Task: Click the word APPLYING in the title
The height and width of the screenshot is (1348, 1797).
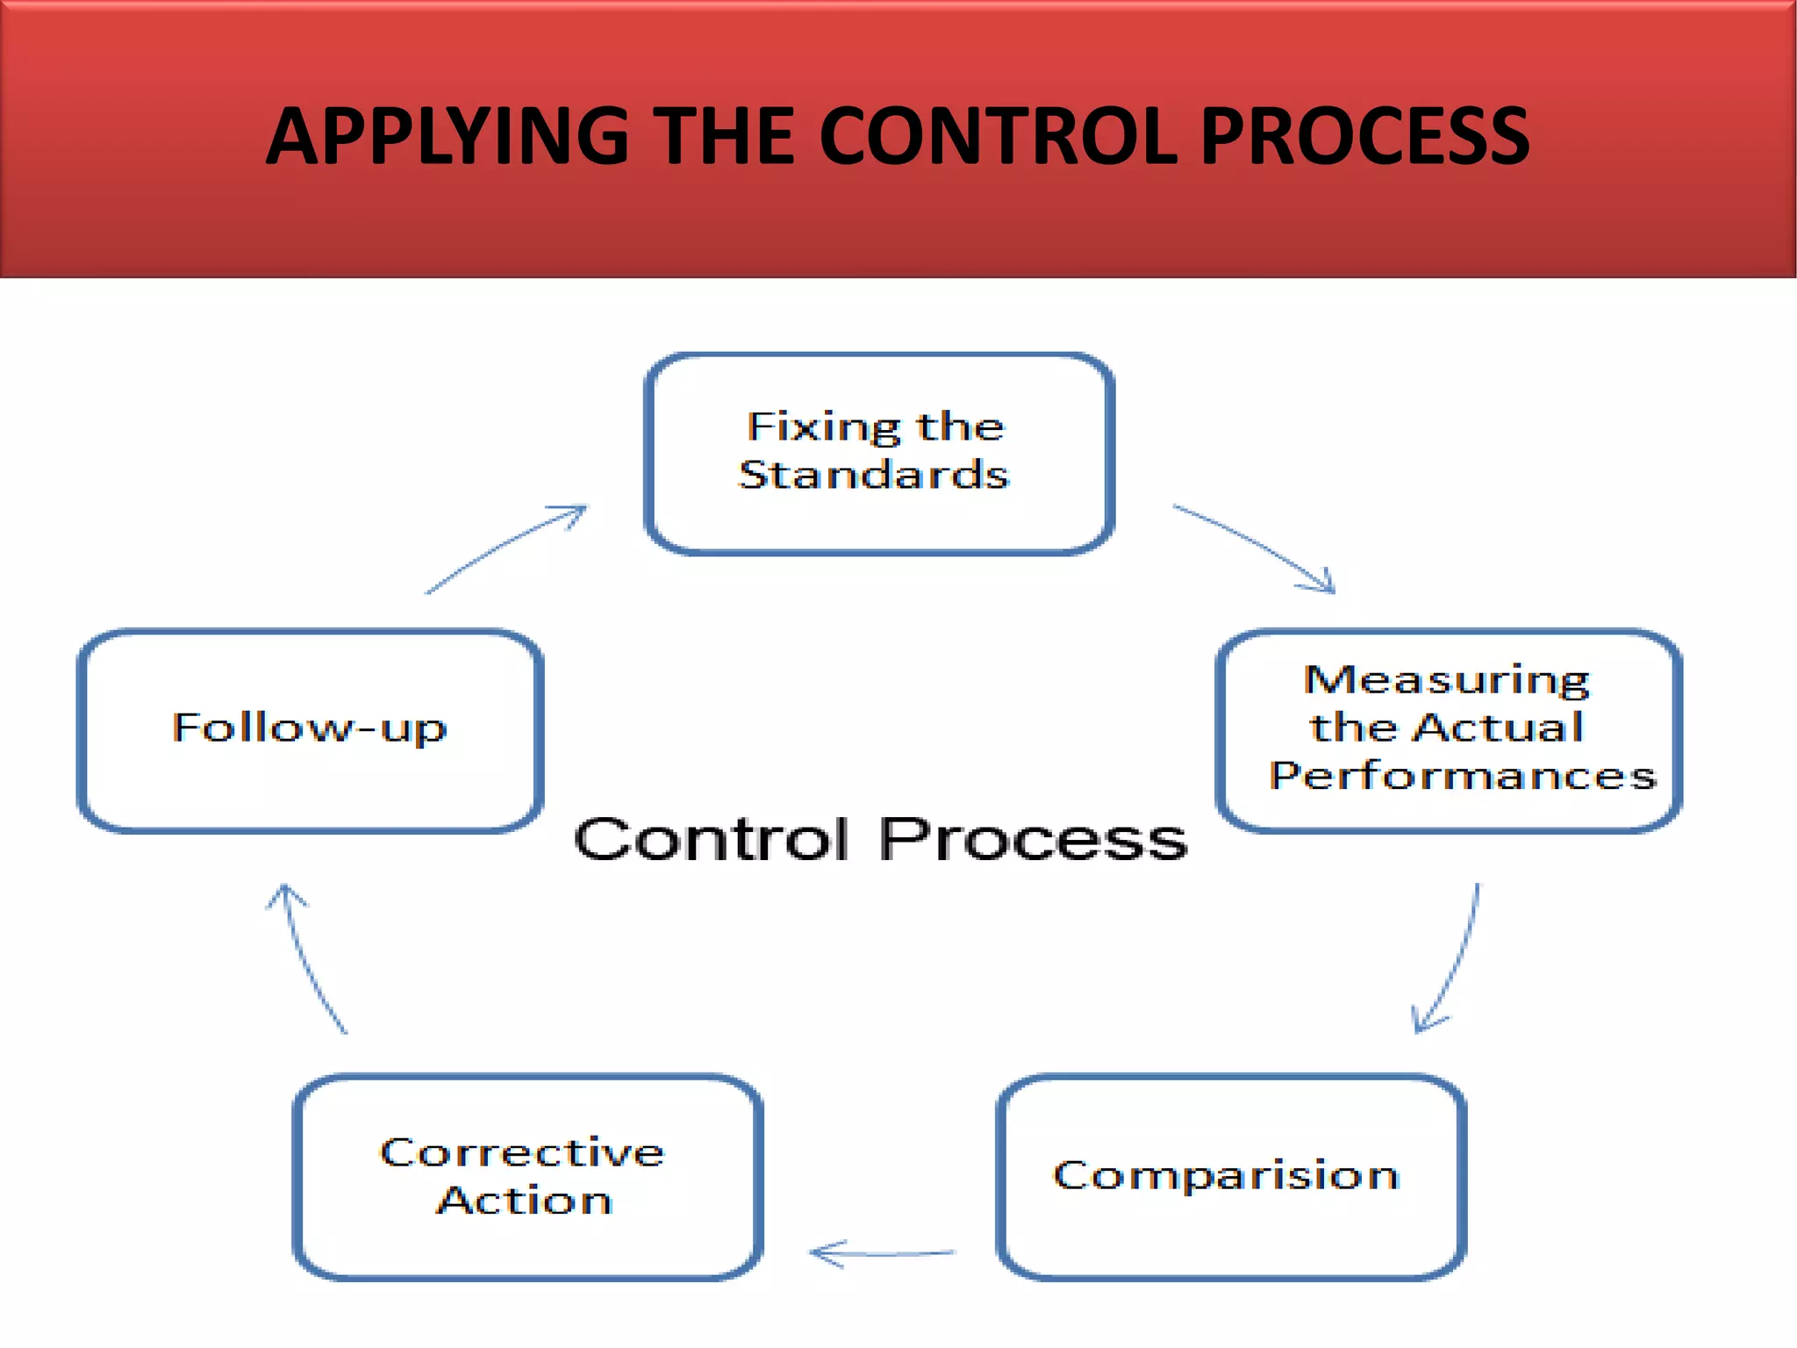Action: tap(447, 136)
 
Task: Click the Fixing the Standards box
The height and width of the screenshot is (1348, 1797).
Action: tap(879, 455)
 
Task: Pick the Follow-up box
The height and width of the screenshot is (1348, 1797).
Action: tap(310, 730)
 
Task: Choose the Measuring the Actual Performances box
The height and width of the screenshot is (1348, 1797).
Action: tap(1448, 730)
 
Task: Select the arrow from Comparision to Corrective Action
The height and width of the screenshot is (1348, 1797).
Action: tap(881, 1254)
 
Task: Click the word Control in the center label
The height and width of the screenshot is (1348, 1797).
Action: tap(711, 839)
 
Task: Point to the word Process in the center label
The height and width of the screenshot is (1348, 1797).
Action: tap(1033, 839)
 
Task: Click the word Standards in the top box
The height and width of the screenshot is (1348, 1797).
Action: tap(874, 475)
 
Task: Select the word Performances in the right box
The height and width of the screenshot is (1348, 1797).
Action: tap(1462, 776)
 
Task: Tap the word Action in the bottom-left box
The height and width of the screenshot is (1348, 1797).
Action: tap(524, 1201)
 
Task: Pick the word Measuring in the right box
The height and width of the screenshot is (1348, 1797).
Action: tap(1446, 680)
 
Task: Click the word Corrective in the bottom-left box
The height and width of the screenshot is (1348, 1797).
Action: tap(522, 1152)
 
